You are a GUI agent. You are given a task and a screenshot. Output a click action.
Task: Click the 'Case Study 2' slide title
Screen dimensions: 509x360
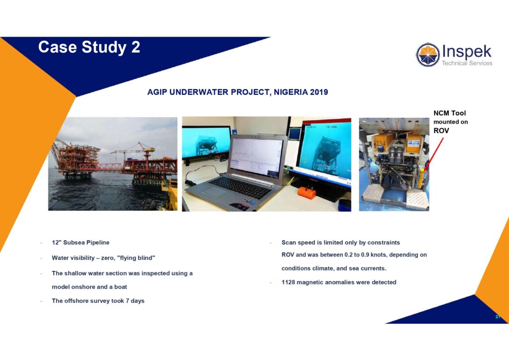[x=89, y=47]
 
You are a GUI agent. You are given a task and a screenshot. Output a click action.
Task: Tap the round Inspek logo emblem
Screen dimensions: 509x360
[x=428, y=55]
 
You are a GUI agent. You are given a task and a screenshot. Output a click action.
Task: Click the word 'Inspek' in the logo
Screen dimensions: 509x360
[x=467, y=52]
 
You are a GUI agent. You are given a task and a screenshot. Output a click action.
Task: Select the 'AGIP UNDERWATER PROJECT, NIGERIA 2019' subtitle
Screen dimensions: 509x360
[x=238, y=92]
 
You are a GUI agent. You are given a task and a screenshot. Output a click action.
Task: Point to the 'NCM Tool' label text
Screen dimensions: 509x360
[x=449, y=113]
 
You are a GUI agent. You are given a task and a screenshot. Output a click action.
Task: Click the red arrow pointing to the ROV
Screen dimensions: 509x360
[x=433, y=154]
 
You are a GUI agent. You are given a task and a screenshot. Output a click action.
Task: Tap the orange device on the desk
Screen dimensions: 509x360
[x=307, y=192]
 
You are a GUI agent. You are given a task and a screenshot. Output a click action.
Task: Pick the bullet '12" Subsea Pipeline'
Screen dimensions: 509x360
[x=81, y=243]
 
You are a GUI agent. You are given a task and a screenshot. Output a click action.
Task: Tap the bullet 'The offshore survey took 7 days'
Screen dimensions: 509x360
[x=98, y=301]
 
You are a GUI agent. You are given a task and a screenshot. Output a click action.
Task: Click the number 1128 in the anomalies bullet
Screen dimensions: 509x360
[x=288, y=282]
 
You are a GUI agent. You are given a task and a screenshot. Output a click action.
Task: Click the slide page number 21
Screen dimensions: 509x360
[x=498, y=317]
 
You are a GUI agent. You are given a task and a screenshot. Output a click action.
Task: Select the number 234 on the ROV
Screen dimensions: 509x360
[x=380, y=144]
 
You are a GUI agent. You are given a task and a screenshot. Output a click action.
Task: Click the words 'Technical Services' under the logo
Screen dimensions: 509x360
[x=467, y=63]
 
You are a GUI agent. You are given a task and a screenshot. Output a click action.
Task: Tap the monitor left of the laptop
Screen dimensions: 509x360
[x=206, y=143]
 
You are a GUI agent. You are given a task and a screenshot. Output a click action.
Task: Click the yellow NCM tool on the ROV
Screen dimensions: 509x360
[x=421, y=178]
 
